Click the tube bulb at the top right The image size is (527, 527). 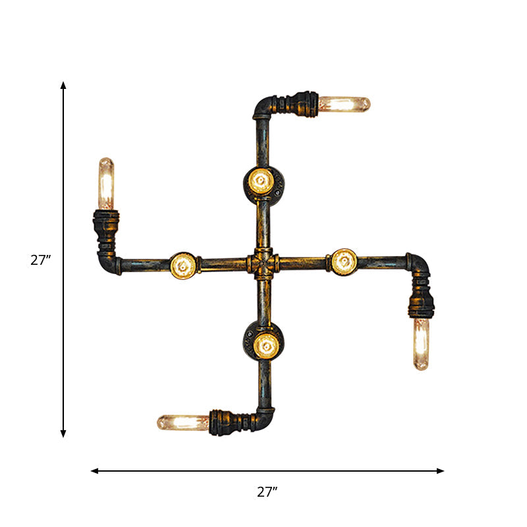(345, 104)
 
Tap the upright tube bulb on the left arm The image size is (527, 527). (106, 183)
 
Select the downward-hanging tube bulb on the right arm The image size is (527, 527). (421, 344)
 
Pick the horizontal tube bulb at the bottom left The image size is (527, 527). (182, 422)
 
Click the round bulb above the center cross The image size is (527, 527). (261, 181)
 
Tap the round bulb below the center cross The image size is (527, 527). (265, 343)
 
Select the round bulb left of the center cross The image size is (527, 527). (182, 265)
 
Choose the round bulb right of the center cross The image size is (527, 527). (344, 262)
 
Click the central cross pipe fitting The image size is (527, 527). (263, 264)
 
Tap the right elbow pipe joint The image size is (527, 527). (418, 263)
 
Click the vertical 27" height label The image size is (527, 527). (41, 260)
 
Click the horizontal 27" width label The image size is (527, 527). (267, 491)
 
